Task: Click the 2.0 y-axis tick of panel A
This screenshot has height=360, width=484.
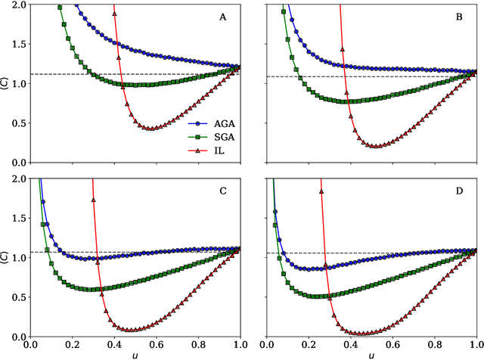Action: pyautogui.click(x=17, y=5)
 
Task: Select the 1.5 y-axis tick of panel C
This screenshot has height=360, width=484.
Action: pyautogui.click(x=17, y=219)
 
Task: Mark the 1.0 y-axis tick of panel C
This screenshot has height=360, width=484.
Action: pyautogui.click(x=17, y=258)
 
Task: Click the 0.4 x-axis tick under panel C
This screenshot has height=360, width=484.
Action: pyautogui.click(x=114, y=345)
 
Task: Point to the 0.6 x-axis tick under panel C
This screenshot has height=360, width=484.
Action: pyautogui.click(x=157, y=345)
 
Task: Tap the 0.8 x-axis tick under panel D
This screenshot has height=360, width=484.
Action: pyautogui.click(x=436, y=345)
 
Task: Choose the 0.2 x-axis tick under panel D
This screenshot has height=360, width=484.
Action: pyautogui.click(x=309, y=345)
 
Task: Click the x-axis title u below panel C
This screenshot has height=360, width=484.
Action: pyautogui.click(x=135, y=355)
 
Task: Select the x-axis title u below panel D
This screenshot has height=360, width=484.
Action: pyautogui.click(x=373, y=355)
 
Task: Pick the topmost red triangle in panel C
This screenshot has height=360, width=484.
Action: pyautogui.click(x=94, y=200)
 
